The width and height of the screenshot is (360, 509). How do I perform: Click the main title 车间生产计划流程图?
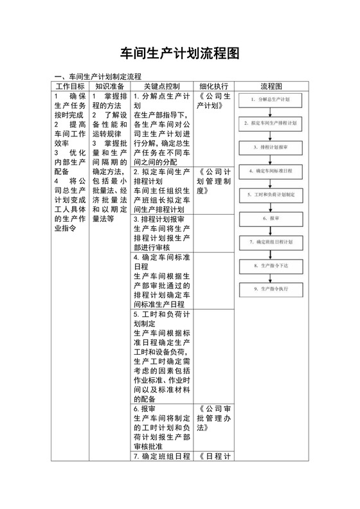[x=180, y=54]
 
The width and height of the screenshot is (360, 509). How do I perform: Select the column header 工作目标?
[x=70, y=86]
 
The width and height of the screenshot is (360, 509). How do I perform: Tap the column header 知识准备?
[x=110, y=86]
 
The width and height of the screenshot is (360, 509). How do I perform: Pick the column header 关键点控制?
[x=161, y=86]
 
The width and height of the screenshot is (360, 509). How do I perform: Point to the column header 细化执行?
[x=213, y=86]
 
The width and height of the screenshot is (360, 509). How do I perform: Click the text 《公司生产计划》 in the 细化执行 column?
[x=214, y=102]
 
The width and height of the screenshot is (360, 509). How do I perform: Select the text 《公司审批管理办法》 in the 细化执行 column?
[x=214, y=418]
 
